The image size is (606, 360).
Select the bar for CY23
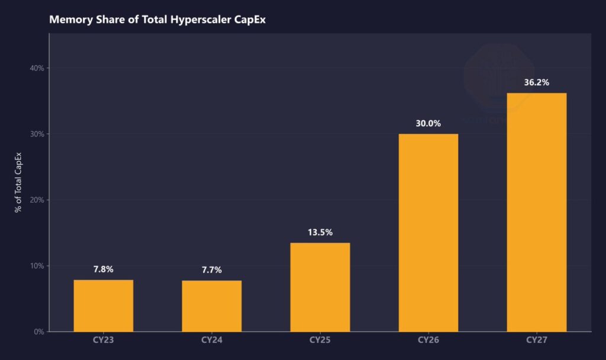[x=104, y=306]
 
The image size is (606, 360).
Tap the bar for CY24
[x=211, y=306]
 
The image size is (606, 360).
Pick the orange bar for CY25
[x=320, y=287]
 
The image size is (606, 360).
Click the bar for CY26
[x=428, y=233]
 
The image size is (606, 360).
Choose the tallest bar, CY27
[x=536, y=212]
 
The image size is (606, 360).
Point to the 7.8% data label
[x=104, y=269]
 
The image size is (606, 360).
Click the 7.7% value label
[x=211, y=270]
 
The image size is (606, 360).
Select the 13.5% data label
[x=320, y=232]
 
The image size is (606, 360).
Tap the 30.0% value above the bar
[x=428, y=123]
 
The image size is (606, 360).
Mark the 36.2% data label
[x=536, y=82]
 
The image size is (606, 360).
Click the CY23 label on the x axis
[x=104, y=340]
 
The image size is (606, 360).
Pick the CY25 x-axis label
[x=320, y=340]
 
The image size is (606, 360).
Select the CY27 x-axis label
[x=536, y=340]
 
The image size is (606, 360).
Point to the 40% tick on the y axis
[x=37, y=68]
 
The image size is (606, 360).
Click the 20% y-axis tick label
[x=37, y=200]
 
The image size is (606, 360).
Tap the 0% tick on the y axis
[x=39, y=332]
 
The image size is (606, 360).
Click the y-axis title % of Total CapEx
[x=19, y=182]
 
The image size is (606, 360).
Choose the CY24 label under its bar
[x=211, y=340]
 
